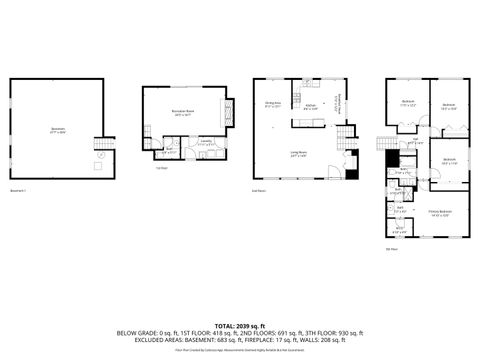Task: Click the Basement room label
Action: coord(57,129)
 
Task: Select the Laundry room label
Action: coord(204,143)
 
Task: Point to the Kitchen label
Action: coord(310,107)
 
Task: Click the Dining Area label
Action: coord(272,104)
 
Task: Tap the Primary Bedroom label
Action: coord(440,212)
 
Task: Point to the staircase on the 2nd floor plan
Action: coord(347,136)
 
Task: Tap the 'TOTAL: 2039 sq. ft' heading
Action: coord(240,326)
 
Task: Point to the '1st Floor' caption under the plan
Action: coord(161,168)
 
